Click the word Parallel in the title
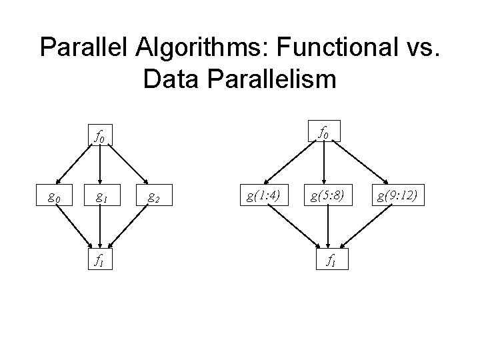[x=79, y=48]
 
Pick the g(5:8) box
[x=324, y=197]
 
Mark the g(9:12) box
[x=397, y=197]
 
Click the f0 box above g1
[x=100, y=137]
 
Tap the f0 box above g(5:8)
[x=324, y=133]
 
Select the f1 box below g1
[x=100, y=260]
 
